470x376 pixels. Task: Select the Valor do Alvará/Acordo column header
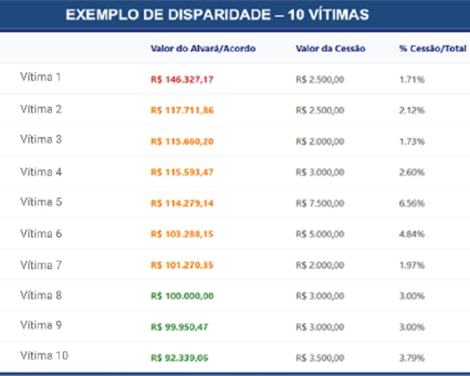click(203, 49)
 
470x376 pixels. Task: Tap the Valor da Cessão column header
click(331, 49)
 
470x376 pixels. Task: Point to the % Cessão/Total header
click(432, 49)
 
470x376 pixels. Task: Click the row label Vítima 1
click(41, 77)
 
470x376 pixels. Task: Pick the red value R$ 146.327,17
click(182, 80)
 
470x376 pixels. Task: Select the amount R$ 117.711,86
click(182, 110)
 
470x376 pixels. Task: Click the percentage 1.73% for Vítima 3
click(412, 141)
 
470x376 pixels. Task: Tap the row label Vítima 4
click(41, 172)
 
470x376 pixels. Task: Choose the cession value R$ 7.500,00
click(320, 204)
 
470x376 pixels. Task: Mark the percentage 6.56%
click(412, 204)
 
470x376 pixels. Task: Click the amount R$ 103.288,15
click(182, 234)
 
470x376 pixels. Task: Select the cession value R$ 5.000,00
click(320, 234)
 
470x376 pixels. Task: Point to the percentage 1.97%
click(412, 265)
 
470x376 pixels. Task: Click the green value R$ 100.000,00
click(182, 296)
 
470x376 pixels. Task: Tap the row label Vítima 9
click(41, 325)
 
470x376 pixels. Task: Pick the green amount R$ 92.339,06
click(179, 358)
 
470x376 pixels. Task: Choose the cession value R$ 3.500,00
click(320, 358)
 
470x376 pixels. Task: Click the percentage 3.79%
click(412, 358)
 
